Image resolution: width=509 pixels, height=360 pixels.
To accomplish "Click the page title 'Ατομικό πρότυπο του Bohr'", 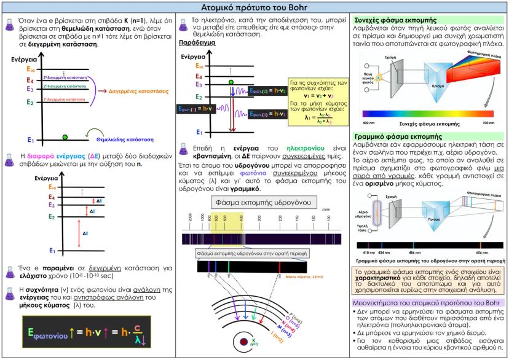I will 254,7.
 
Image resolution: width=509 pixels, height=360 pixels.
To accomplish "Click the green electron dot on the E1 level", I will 65,136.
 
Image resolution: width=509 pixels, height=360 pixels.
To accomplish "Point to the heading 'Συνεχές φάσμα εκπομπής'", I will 385,20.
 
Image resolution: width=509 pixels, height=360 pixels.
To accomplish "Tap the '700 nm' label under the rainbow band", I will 486,123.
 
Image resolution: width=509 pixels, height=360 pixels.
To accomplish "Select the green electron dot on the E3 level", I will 231,82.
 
